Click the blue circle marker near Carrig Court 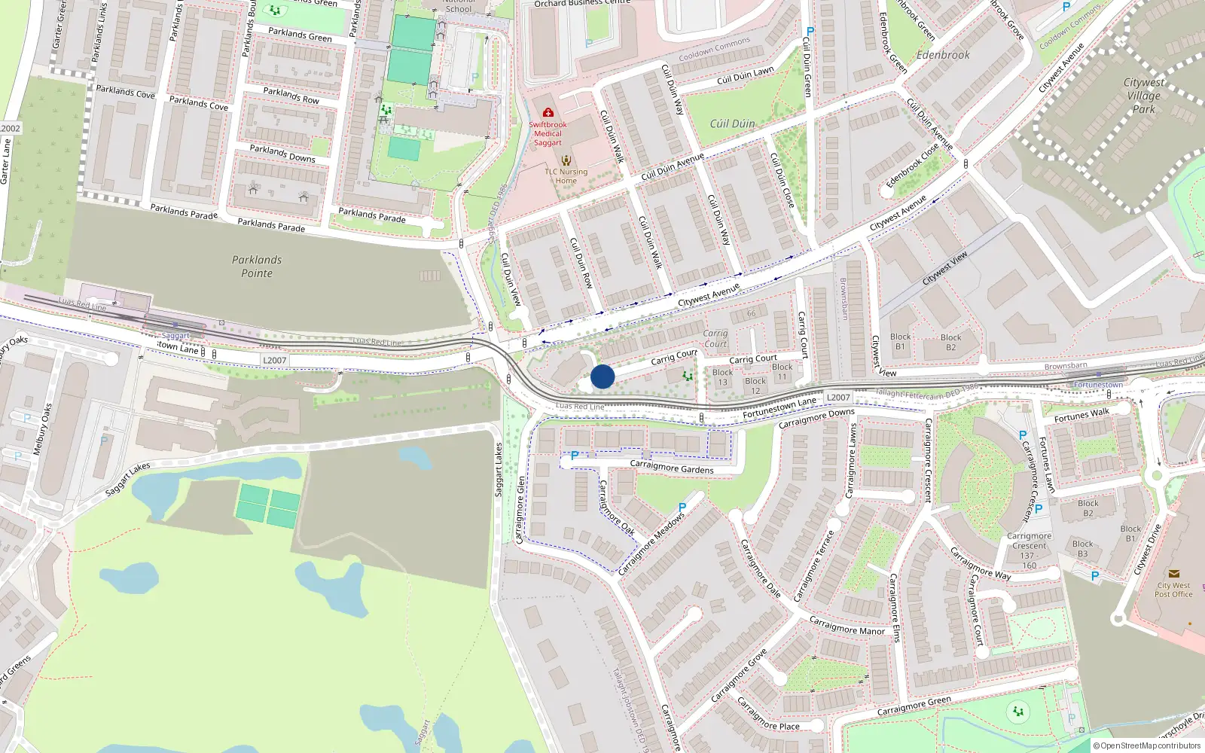pos(602,376)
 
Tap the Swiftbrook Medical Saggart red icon pos(548,113)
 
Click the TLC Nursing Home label pos(566,176)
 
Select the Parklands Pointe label pos(257,267)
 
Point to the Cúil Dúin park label pos(732,123)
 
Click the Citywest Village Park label pos(1143,96)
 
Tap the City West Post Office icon pos(1173,574)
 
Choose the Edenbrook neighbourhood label pos(943,55)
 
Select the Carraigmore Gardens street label pos(672,468)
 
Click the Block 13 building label pos(722,377)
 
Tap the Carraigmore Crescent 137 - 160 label pos(1029,551)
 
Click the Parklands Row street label pos(291,96)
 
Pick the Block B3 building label pos(1082,549)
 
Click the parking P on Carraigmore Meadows pos(682,508)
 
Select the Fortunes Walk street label pos(1081,415)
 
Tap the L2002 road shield pos(10,129)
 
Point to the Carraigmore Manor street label pos(847,626)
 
